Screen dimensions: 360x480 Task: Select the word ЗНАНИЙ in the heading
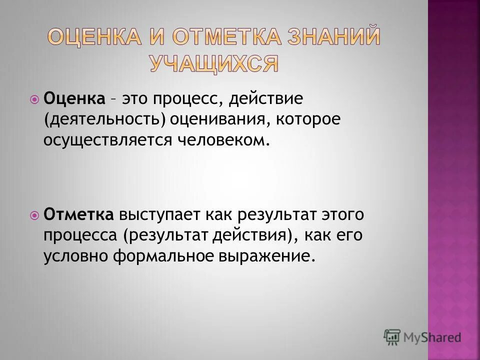coord(339,39)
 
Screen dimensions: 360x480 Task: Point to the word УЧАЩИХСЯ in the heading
coord(213,63)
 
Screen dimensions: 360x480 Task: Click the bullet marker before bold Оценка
coord(34,99)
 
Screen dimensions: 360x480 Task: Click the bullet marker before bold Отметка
coord(34,215)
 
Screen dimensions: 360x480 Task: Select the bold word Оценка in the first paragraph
coord(74,98)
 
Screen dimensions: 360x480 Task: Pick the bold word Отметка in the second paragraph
coord(79,215)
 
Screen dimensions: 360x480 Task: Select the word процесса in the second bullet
coord(81,236)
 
